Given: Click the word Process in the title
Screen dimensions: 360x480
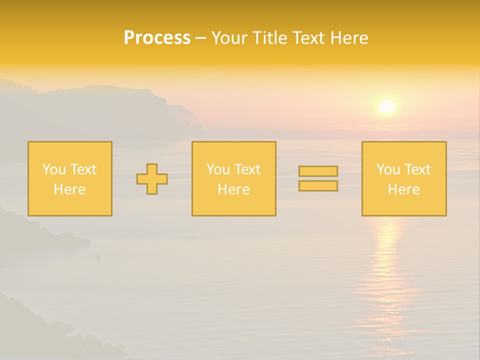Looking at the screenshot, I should (157, 38).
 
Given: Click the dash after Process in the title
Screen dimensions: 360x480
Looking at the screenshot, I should (200, 38).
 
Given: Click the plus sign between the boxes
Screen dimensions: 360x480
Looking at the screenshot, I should (152, 179).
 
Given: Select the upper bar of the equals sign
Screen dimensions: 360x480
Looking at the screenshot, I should (318, 171).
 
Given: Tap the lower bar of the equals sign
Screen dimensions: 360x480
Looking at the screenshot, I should (318, 185).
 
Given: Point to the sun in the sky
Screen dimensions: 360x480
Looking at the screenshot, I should (386, 106).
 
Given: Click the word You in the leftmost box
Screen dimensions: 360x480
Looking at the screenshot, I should (53, 169).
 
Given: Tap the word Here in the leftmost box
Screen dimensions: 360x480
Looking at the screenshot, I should (69, 189).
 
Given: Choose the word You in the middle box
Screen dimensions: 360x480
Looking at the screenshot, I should (217, 169).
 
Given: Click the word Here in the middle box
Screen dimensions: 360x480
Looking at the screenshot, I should (233, 189).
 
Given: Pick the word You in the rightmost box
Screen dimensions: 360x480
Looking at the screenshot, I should (387, 169).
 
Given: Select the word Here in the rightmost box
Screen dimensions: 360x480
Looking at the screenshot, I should (403, 189).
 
